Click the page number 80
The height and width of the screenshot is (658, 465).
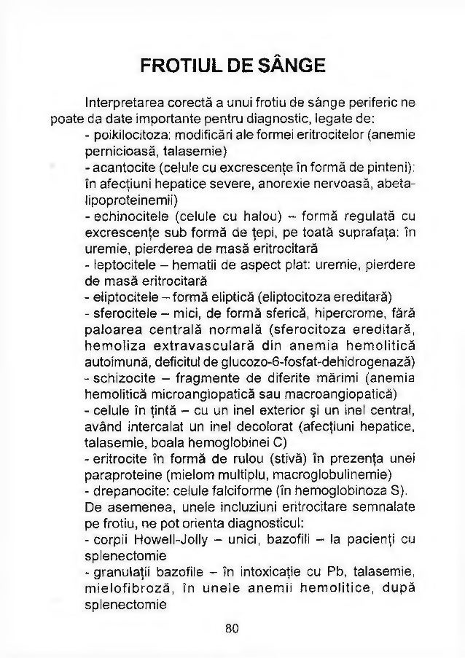232,627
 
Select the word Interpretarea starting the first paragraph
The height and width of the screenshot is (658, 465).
123,103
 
